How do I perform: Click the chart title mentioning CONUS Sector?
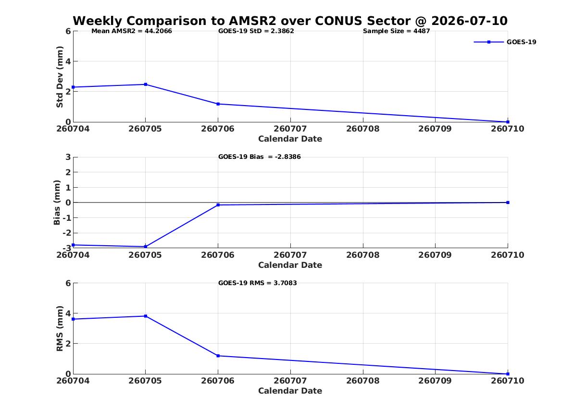[x=290, y=21]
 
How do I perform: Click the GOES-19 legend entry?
[x=505, y=42]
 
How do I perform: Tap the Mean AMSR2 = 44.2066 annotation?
[x=132, y=31]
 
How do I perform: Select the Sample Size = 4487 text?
[x=397, y=31]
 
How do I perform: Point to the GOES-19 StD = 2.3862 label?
[x=256, y=31]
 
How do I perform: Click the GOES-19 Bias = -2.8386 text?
[x=260, y=157]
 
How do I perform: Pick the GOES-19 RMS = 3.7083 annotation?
[x=258, y=283]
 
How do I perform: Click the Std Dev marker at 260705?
[x=146, y=84]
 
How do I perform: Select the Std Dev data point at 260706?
[x=218, y=104]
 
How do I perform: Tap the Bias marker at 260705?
[x=146, y=247]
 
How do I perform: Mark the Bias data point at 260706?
[x=218, y=205]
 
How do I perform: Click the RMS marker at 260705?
[x=146, y=316]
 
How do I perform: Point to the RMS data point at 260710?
[x=508, y=374]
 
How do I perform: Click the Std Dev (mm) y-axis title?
[x=60, y=77]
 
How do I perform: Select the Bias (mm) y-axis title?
[x=57, y=203]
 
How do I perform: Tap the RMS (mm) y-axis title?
[x=60, y=329]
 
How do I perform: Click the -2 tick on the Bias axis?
[x=66, y=233]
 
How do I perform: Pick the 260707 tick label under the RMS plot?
[x=290, y=381]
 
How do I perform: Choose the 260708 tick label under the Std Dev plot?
[x=363, y=129]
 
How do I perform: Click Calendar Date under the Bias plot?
[x=290, y=265]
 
